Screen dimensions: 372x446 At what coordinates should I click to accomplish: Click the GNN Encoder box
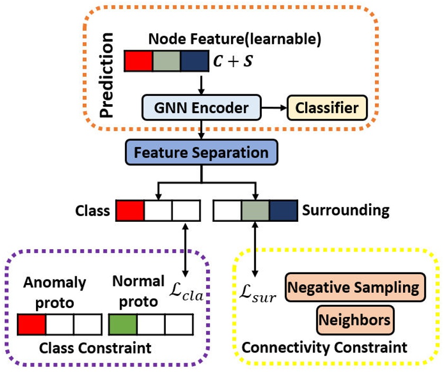coord(202,108)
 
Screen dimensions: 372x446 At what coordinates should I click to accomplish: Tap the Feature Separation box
coord(201,153)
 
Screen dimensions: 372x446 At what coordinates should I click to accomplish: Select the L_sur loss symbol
coord(257,294)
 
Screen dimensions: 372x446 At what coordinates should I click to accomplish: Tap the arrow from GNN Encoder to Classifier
coord(274,108)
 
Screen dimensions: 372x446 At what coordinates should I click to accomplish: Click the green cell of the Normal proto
coord(122,324)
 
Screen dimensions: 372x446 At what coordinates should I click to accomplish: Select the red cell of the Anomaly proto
coord(31,324)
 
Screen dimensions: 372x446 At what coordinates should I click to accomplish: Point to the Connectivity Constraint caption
coord(324,348)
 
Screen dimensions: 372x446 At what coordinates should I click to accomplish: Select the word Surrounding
coord(345,210)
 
